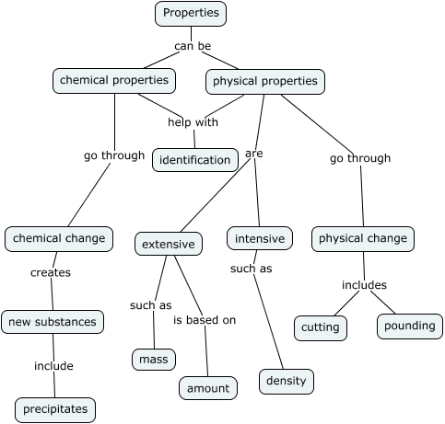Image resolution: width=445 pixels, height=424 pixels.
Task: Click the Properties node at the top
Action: coord(191,13)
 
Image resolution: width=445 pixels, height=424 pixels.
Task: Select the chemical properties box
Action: coord(114,81)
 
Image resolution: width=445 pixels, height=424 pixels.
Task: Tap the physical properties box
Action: coord(264,82)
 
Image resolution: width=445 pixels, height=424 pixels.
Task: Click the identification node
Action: coord(194,160)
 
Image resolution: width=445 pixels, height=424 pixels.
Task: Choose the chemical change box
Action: coord(59,239)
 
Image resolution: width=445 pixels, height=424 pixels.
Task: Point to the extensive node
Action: coord(168,244)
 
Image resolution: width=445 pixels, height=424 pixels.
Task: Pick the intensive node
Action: coord(260,239)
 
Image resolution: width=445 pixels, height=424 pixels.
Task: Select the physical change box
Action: coord(362,239)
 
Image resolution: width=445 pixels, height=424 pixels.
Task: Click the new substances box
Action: coord(52,322)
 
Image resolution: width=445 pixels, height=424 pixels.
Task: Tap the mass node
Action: coord(153,359)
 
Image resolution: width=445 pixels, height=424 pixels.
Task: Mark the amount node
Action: coord(208,388)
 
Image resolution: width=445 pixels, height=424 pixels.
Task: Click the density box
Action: coord(286,381)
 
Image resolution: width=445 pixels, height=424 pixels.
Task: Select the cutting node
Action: coord(321,327)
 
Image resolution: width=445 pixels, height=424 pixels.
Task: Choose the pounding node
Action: coord(410,327)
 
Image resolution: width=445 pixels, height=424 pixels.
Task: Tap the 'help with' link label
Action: coord(193,122)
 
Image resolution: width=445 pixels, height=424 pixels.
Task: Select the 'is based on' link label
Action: coord(205,320)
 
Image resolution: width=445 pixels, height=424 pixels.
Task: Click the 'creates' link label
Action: coord(51,272)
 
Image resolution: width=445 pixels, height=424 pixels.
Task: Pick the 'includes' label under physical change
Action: coord(364,285)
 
